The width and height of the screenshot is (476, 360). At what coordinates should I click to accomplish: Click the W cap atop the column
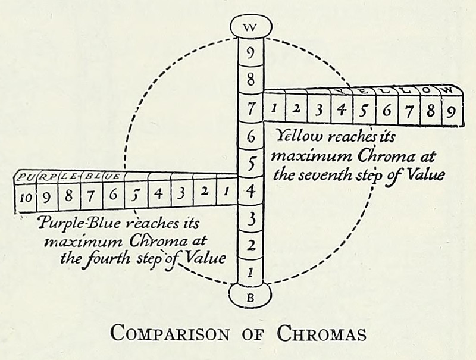(x=250, y=26)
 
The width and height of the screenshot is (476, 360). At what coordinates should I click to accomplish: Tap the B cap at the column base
(x=250, y=296)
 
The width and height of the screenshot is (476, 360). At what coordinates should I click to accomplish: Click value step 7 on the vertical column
(x=250, y=109)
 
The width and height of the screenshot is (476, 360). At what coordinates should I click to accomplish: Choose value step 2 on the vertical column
(x=250, y=245)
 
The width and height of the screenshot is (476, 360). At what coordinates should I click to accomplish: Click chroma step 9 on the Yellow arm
(x=452, y=111)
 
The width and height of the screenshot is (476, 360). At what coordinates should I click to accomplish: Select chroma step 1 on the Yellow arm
(x=274, y=109)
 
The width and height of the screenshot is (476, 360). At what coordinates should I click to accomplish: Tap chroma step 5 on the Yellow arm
(x=364, y=110)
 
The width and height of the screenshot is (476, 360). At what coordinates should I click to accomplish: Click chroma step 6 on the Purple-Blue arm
(x=114, y=195)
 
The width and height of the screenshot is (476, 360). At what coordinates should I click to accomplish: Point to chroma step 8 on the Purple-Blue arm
(x=69, y=196)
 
